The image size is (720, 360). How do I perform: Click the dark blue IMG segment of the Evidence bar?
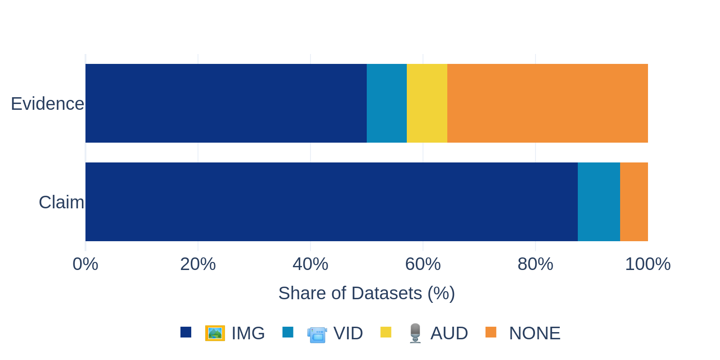pyautogui.click(x=226, y=103)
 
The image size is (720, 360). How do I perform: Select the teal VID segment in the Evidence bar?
pyautogui.click(x=387, y=103)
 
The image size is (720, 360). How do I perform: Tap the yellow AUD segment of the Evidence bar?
pyautogui.click(x=427, y=103)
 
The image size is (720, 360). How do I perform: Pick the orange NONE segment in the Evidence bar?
pyautogui.click(x=547, y=103)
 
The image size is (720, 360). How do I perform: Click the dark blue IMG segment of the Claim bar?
pyautogui.click(x=331, y=202)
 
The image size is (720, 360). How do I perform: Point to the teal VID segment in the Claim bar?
pyautogui.click(x=598, y=202)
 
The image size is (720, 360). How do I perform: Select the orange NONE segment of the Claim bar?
pyautogui.click(x=634, y=202)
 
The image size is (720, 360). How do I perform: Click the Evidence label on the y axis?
pyautogui.click(x=47, y=104)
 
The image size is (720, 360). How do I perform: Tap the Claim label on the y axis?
pyautogui.click(x=61, y=202)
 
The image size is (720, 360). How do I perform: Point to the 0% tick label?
pyautogui.click(x=85, y=264)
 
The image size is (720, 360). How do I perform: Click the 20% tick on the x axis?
pyautogui.click(x=198, y=264)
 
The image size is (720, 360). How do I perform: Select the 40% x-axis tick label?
pyautogui.click(x=310, y=264)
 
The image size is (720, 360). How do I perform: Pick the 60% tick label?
pyautogui.click(x=423, y=264)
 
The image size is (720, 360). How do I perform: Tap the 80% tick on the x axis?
pyautogui.click(x=535, y=264)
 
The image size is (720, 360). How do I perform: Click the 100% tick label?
pyautogui.click(x=648, y=264)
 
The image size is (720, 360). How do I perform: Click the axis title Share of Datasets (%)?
pyautogui.click(x=366, y=293)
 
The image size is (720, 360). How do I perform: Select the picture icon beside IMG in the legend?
pyautogui.click(x=215, y=333)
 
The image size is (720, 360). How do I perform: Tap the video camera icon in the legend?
pyautogui.click(x=317, y=334)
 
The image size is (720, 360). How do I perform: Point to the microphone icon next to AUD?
pyautogui.click(x=415, y=333)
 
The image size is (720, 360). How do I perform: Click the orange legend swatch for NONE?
pyautogui.click(x=491, y=332)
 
